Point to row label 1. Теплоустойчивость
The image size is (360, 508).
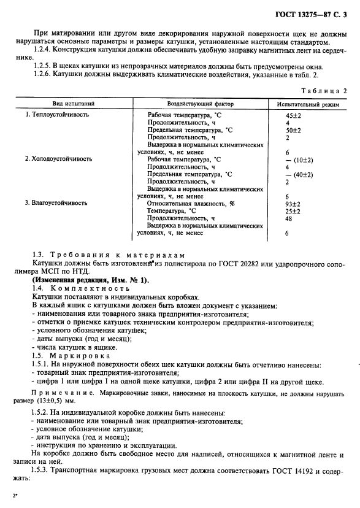coord(57,115)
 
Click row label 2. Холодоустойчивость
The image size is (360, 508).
coord(58,159)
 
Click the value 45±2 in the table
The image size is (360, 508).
coord(293,115)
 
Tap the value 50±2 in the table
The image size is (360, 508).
coord(293,130)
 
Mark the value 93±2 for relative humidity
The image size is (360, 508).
coord(293,203)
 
